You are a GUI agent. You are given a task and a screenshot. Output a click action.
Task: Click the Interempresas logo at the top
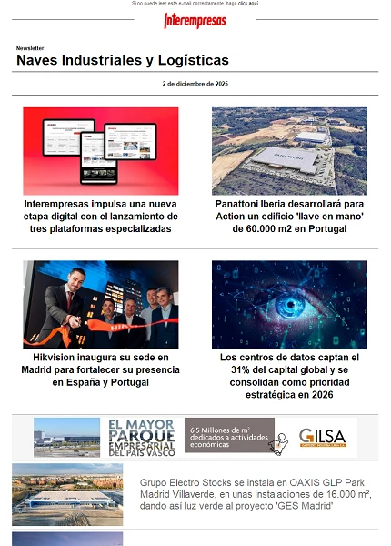click(195, 20)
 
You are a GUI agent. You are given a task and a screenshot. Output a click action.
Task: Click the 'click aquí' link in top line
click(247, 4)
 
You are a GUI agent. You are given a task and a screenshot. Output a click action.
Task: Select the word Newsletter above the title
click(30, 48)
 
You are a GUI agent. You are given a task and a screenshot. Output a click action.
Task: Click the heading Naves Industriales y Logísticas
click(123, 61)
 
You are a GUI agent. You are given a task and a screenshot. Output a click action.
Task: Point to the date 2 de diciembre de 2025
click(195, 84)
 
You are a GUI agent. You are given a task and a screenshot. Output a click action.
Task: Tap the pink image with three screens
click(101, 150)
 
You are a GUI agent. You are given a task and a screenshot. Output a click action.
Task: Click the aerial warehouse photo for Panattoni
click(289, 150)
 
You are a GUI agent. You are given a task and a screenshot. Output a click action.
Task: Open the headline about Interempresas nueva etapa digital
click(101, 217)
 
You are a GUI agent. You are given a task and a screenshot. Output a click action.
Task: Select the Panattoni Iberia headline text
click(289, 217)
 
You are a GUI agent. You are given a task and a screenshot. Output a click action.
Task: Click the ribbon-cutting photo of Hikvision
click(101, 304)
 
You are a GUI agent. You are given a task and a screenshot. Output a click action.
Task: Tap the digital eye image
click(289, 304)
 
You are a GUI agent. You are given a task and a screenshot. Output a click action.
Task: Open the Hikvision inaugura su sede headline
click(101, 370)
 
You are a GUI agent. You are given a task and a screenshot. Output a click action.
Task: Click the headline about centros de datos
click(289, 377)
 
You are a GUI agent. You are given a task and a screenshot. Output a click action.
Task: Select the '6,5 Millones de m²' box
click(229, 436)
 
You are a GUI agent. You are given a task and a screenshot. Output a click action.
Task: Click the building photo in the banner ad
click(66, 438)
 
